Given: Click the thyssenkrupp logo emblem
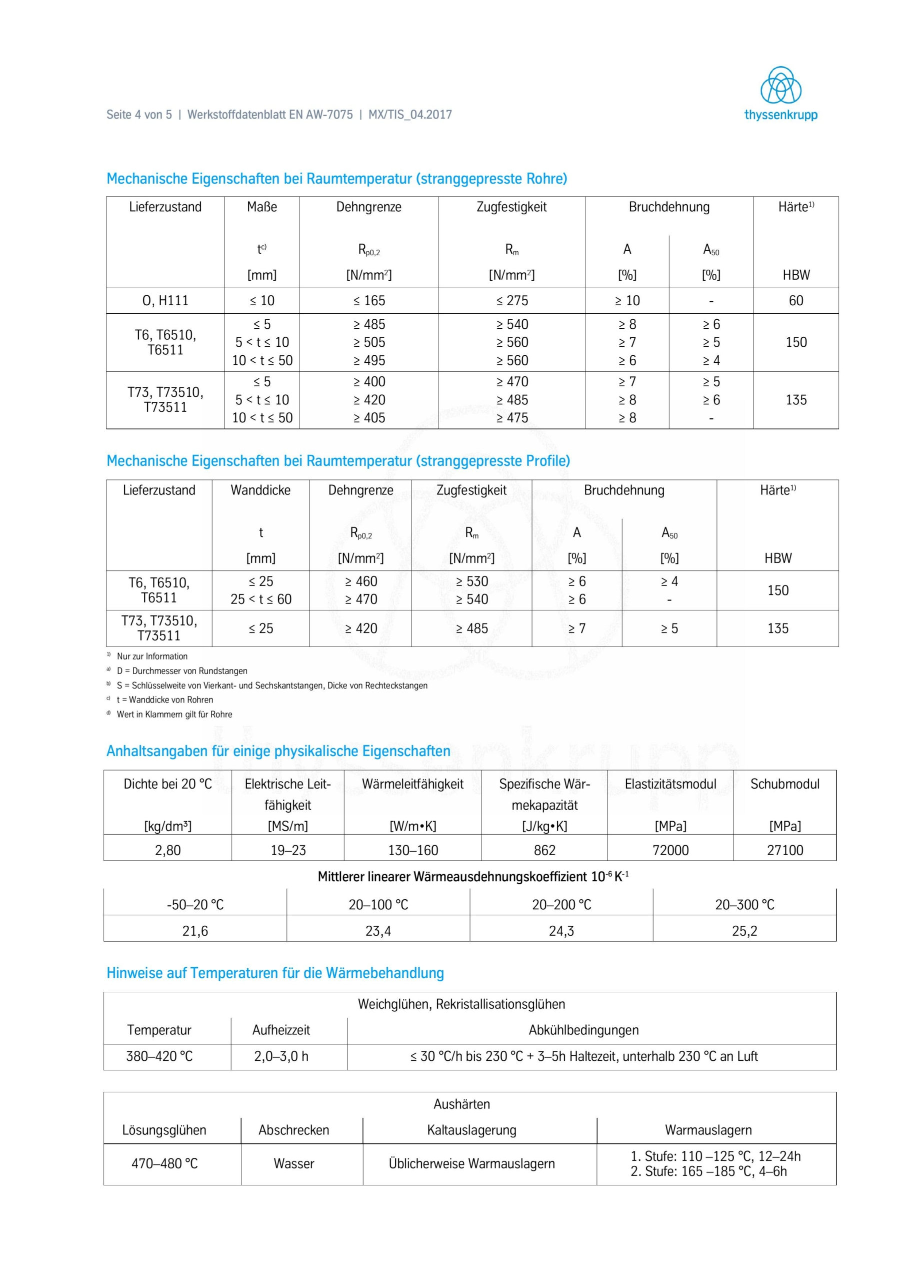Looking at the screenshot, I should pyautogui.click(x=780, y=86).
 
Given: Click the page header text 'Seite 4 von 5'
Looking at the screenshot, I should pyautogui.click(x=139, y=115).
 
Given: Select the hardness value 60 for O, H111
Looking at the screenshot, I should pyautogui.click(x=795, y=301).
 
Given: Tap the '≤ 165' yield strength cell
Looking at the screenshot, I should pyautogui.click(x=368, y=301).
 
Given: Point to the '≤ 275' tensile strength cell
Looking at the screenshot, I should pyautogui.click(x=511, y=301).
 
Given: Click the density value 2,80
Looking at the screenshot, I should pyautogui.click(x=167, y=850).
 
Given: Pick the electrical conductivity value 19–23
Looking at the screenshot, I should pyautogui.click(x=287, y=850).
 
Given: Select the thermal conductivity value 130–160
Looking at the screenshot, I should pyautogui.click(x=412, y=850).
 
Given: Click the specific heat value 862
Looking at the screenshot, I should pyautogui.click(x=544, y=850).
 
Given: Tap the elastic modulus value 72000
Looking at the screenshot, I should pyautogui.click(x=670, y=850).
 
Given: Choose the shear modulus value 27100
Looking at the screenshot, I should pyautogui.click(x=784, y=850).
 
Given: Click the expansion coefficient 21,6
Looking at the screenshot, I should pyautogui.click(x=194, y=931).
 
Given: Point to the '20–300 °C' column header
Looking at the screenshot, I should pyautogui.click(x=744, y=904).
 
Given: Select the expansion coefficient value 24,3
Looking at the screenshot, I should pyautogui.click(x=561, y=931).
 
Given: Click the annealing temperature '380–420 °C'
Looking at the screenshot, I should pyautogui.click(x=159, y=1056).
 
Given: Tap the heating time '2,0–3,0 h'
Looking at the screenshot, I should pyautogui.click(x=281, y=1056).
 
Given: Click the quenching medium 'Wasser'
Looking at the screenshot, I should pyautogui.click(x=294, y=1163).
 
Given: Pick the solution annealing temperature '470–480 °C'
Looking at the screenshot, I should pyautogui.click(x=164, y=1163).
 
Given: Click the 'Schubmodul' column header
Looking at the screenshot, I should pyautogui.click(x=784, y=784).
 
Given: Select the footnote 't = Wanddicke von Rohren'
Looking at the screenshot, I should pyautogui.click(x=164, y=700).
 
